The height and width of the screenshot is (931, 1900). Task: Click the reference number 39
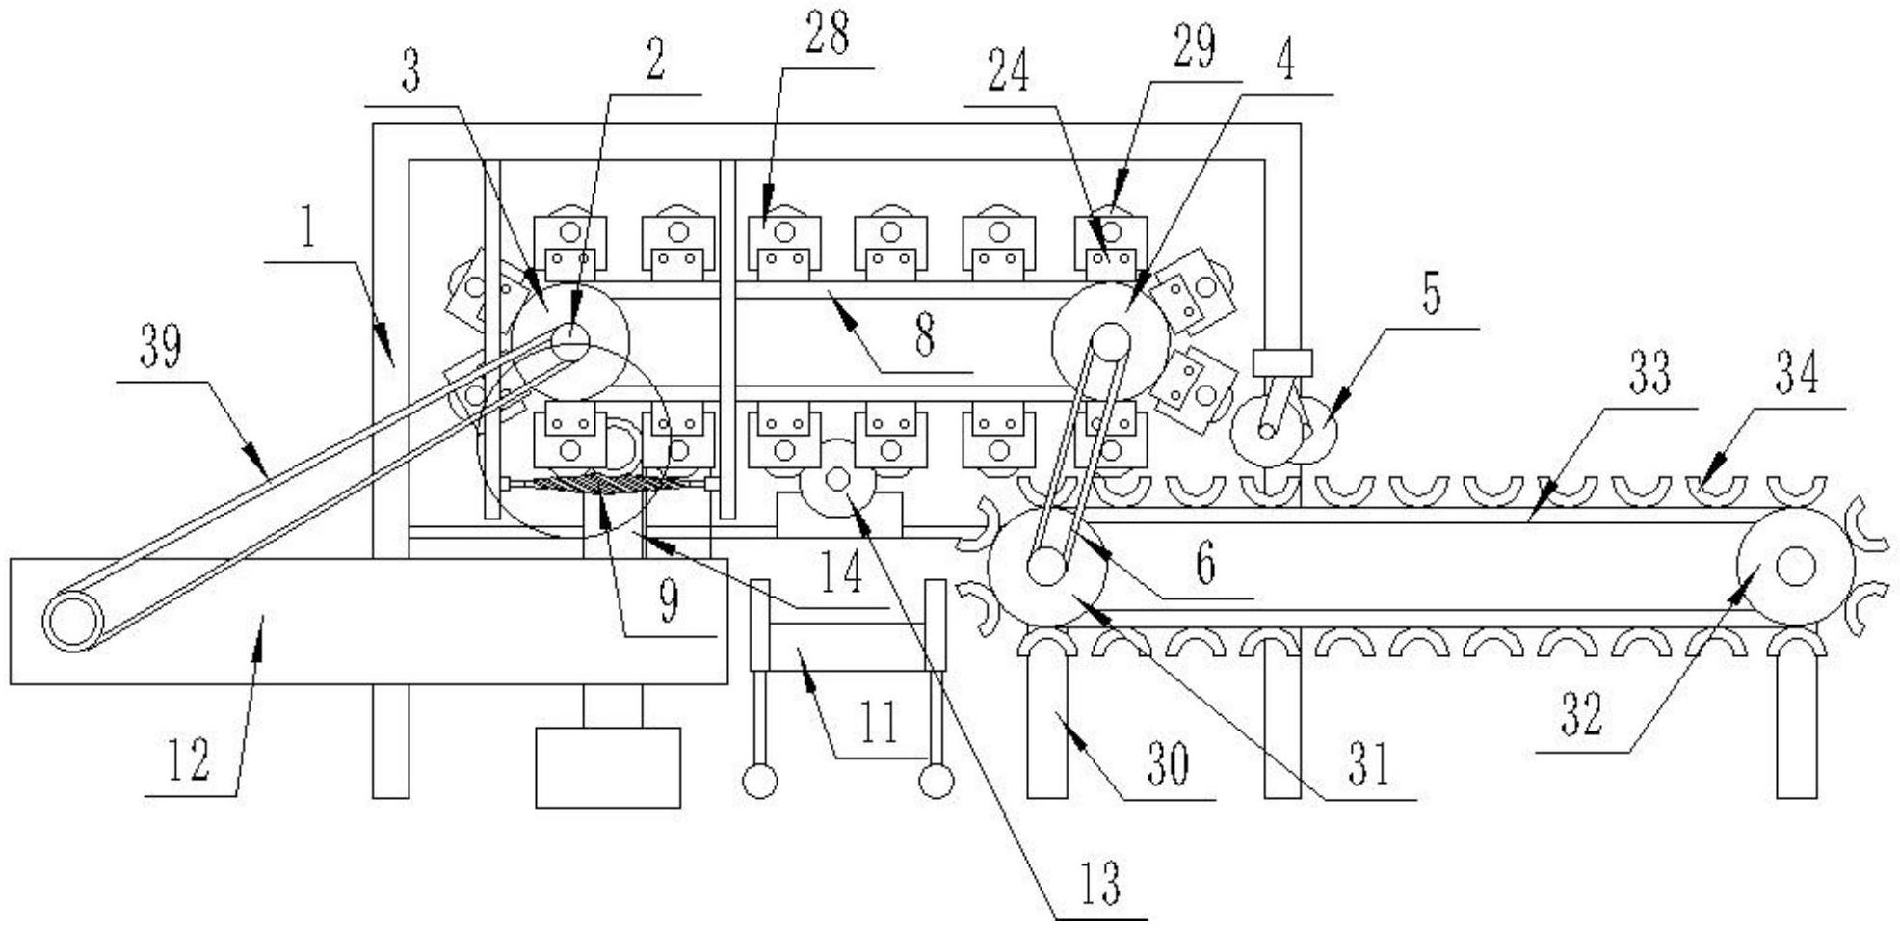pyautogui.click(x=161, y=348)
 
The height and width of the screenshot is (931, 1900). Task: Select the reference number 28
pyautogui.click(x=828, y=36)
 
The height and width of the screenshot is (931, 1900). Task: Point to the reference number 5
pyautogui.click(x=1432, y=293)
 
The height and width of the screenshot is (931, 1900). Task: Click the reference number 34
pyautogui.click(x=1796, y=373)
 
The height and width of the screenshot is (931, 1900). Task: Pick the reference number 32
pyautogui.click(x=1581, y=714)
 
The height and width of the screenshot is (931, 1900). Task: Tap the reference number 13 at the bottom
pyautogui.click(x=1100, y=881)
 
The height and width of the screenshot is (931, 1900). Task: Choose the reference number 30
pyautogui.click(x=1168, y=764)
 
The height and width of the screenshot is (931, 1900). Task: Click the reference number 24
pyautogui.click(x=1009, y=72)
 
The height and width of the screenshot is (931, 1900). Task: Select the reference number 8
pyautogui.click(x=924, y=336)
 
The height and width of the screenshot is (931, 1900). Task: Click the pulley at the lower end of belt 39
pyautogui.click(x=73, y=621)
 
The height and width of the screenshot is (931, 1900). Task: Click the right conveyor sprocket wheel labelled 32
pyautogui.click(x=1795, y=568)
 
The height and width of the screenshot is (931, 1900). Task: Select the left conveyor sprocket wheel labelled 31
pyautogui.click(x=1047, y=568)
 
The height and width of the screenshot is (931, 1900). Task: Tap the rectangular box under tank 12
pyautogui.click(x=608, y=767)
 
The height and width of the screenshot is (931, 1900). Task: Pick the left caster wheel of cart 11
pyautogui.click(x=760, y=782)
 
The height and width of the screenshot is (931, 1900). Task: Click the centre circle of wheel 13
pyautogui.click(x=837, y=478)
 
